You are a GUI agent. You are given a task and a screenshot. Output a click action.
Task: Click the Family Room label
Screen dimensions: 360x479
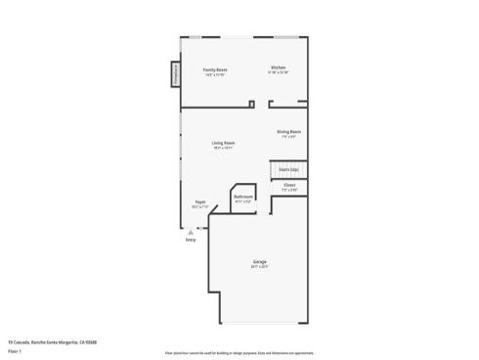point(215,69)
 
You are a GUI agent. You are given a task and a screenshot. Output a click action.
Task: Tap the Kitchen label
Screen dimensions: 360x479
point(278,67)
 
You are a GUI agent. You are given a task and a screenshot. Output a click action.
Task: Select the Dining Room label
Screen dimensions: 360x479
point(288,131)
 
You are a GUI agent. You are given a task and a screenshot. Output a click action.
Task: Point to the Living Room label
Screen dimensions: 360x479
point(224,143)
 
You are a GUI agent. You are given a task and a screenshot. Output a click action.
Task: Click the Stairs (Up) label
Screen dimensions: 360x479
point(288,169)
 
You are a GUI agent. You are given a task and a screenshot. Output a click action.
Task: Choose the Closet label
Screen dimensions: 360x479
point(289,185)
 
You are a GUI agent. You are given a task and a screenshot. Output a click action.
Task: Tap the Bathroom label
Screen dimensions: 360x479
point(243,197)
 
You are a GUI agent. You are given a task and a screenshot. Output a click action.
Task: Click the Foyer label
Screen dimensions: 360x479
point(199,202)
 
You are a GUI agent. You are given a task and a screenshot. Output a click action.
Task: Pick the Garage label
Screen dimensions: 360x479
point(260,261)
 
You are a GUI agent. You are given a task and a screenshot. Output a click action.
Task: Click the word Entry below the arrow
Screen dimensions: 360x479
point(191,240)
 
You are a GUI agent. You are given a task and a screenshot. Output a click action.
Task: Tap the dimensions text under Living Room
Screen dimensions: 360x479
point(224,148)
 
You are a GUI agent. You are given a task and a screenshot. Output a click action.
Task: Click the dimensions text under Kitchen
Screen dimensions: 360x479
point(278,72)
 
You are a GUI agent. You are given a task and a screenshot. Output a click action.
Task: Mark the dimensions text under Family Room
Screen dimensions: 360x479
point(215,75)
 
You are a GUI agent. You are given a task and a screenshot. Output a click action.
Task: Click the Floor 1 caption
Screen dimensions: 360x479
point(14,349)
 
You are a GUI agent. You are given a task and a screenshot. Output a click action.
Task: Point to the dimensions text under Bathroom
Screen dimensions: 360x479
point(243,202)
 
